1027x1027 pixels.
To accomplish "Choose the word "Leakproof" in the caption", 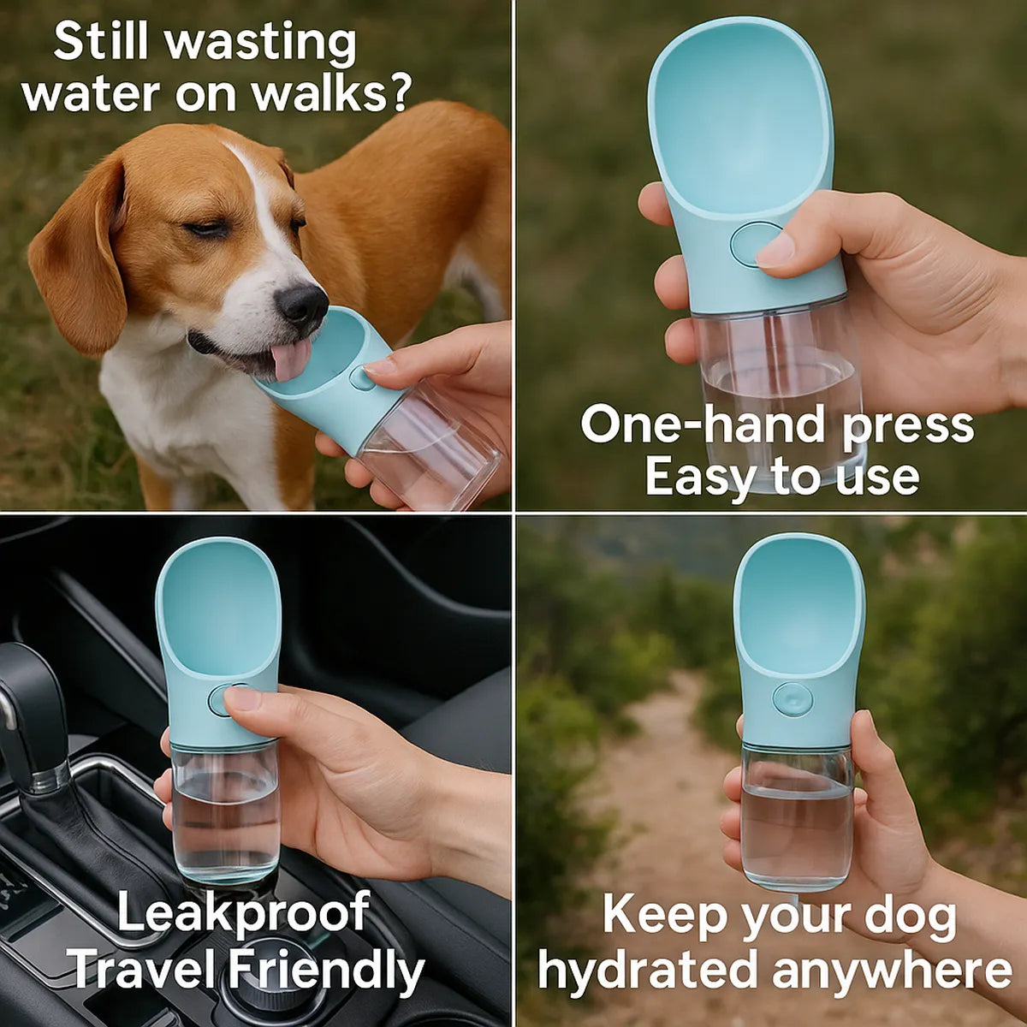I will point(243,912).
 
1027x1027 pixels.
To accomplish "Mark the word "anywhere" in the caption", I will point(891,970).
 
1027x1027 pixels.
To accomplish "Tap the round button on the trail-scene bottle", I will point(793,699).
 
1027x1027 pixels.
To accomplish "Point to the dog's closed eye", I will point(207,229).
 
